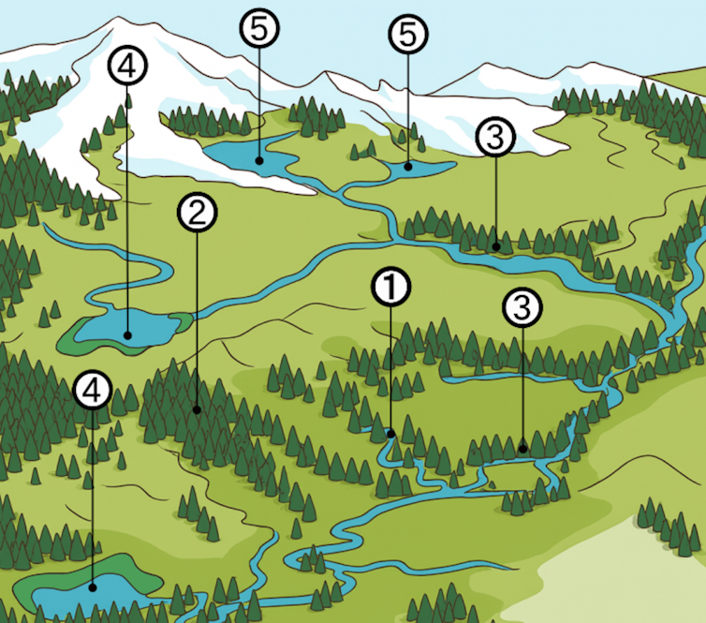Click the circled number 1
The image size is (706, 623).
tap(391, 288)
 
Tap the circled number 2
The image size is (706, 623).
tap(197, 214)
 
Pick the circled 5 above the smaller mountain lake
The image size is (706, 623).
tap(407, 36)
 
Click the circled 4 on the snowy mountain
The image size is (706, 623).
tap(126, 66)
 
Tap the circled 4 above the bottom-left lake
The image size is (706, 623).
tap(91, 391)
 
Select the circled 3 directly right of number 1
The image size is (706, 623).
tap(522, 306)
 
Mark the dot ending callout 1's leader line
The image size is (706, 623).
tap(390, 434)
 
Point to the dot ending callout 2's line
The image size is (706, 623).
tap(197, 409)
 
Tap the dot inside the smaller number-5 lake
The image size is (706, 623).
tap(407, 167)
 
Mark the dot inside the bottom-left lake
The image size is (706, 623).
tap(92, 587)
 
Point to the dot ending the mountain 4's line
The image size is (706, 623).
tap(127, 333)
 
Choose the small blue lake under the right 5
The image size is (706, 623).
tap(417, 169)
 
